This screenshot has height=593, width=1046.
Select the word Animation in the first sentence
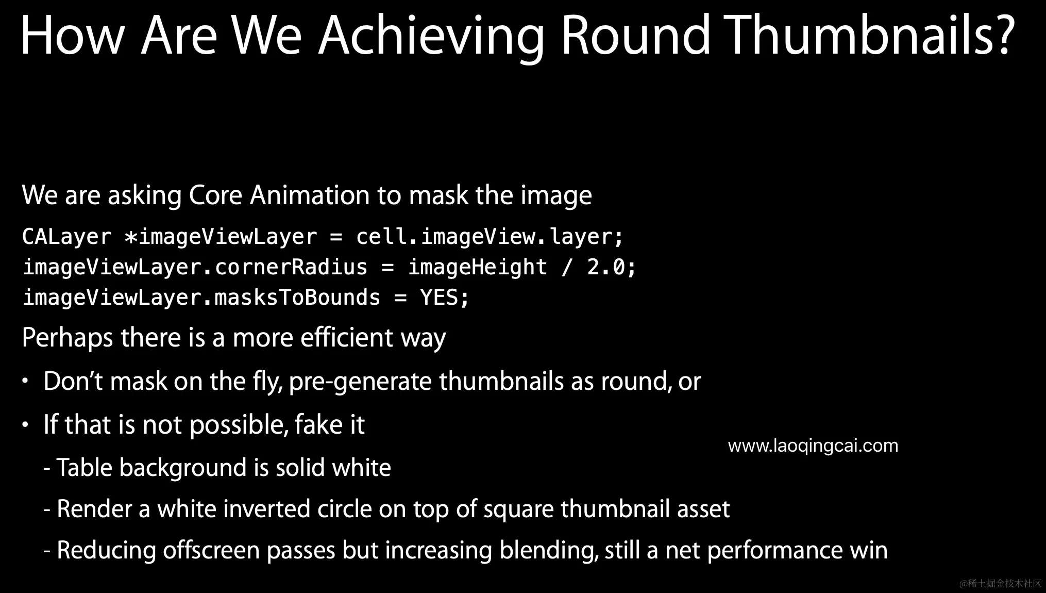310,195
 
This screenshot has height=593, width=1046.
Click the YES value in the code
439,298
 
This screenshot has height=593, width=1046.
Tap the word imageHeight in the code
478,267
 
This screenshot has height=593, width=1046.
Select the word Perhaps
68,339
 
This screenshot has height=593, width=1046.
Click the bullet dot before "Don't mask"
25,381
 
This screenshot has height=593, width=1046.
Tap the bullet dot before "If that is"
25,424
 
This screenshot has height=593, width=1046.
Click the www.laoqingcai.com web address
813,446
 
